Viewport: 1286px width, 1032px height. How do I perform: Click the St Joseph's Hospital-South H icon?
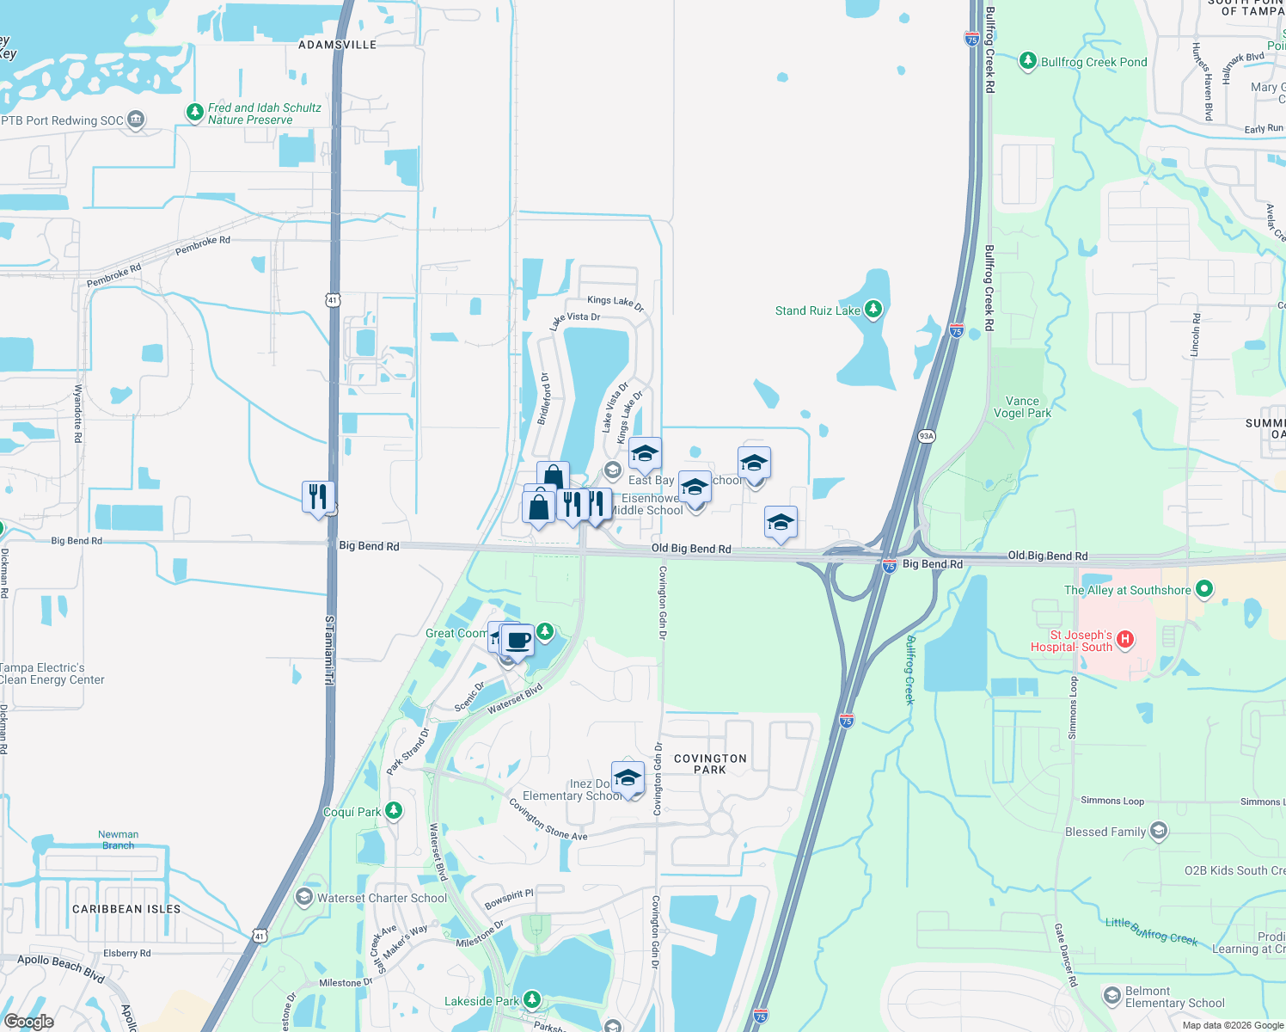tap(1125, 639)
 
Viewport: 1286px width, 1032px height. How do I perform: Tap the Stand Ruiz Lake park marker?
tap(873, 309)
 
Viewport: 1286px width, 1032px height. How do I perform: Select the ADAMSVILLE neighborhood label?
tap(337, 45)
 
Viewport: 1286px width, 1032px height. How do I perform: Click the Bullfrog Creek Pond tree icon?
tap(1027, 61)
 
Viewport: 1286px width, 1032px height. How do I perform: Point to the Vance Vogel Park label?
tap(1022, 407)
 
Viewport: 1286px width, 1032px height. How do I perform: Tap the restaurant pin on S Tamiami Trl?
tap(318, 496)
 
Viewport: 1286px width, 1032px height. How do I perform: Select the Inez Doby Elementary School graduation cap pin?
tap(628, 777)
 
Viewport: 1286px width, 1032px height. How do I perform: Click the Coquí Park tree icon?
tap(394, 810)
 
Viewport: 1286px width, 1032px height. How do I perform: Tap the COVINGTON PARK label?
tap(710, 764)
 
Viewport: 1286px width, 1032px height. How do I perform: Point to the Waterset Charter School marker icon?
tap(303, 897)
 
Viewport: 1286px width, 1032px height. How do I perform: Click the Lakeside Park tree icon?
tap(532, 999)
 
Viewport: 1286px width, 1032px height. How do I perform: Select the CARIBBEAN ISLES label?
tap(126, 909)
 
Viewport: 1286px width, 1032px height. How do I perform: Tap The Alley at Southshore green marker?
tap(1204, 589)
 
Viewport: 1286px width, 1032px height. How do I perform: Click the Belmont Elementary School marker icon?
tap(1111, 996)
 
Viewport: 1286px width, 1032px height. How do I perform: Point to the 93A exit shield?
tap(926, 436)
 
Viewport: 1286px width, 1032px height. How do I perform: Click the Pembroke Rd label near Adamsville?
tap(203, 246)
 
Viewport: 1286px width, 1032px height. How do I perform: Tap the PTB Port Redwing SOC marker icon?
tap(136, 120)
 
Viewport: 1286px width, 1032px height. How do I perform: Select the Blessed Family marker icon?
tap(1159, 831)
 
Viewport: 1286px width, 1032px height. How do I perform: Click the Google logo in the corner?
tap(28, 1022)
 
